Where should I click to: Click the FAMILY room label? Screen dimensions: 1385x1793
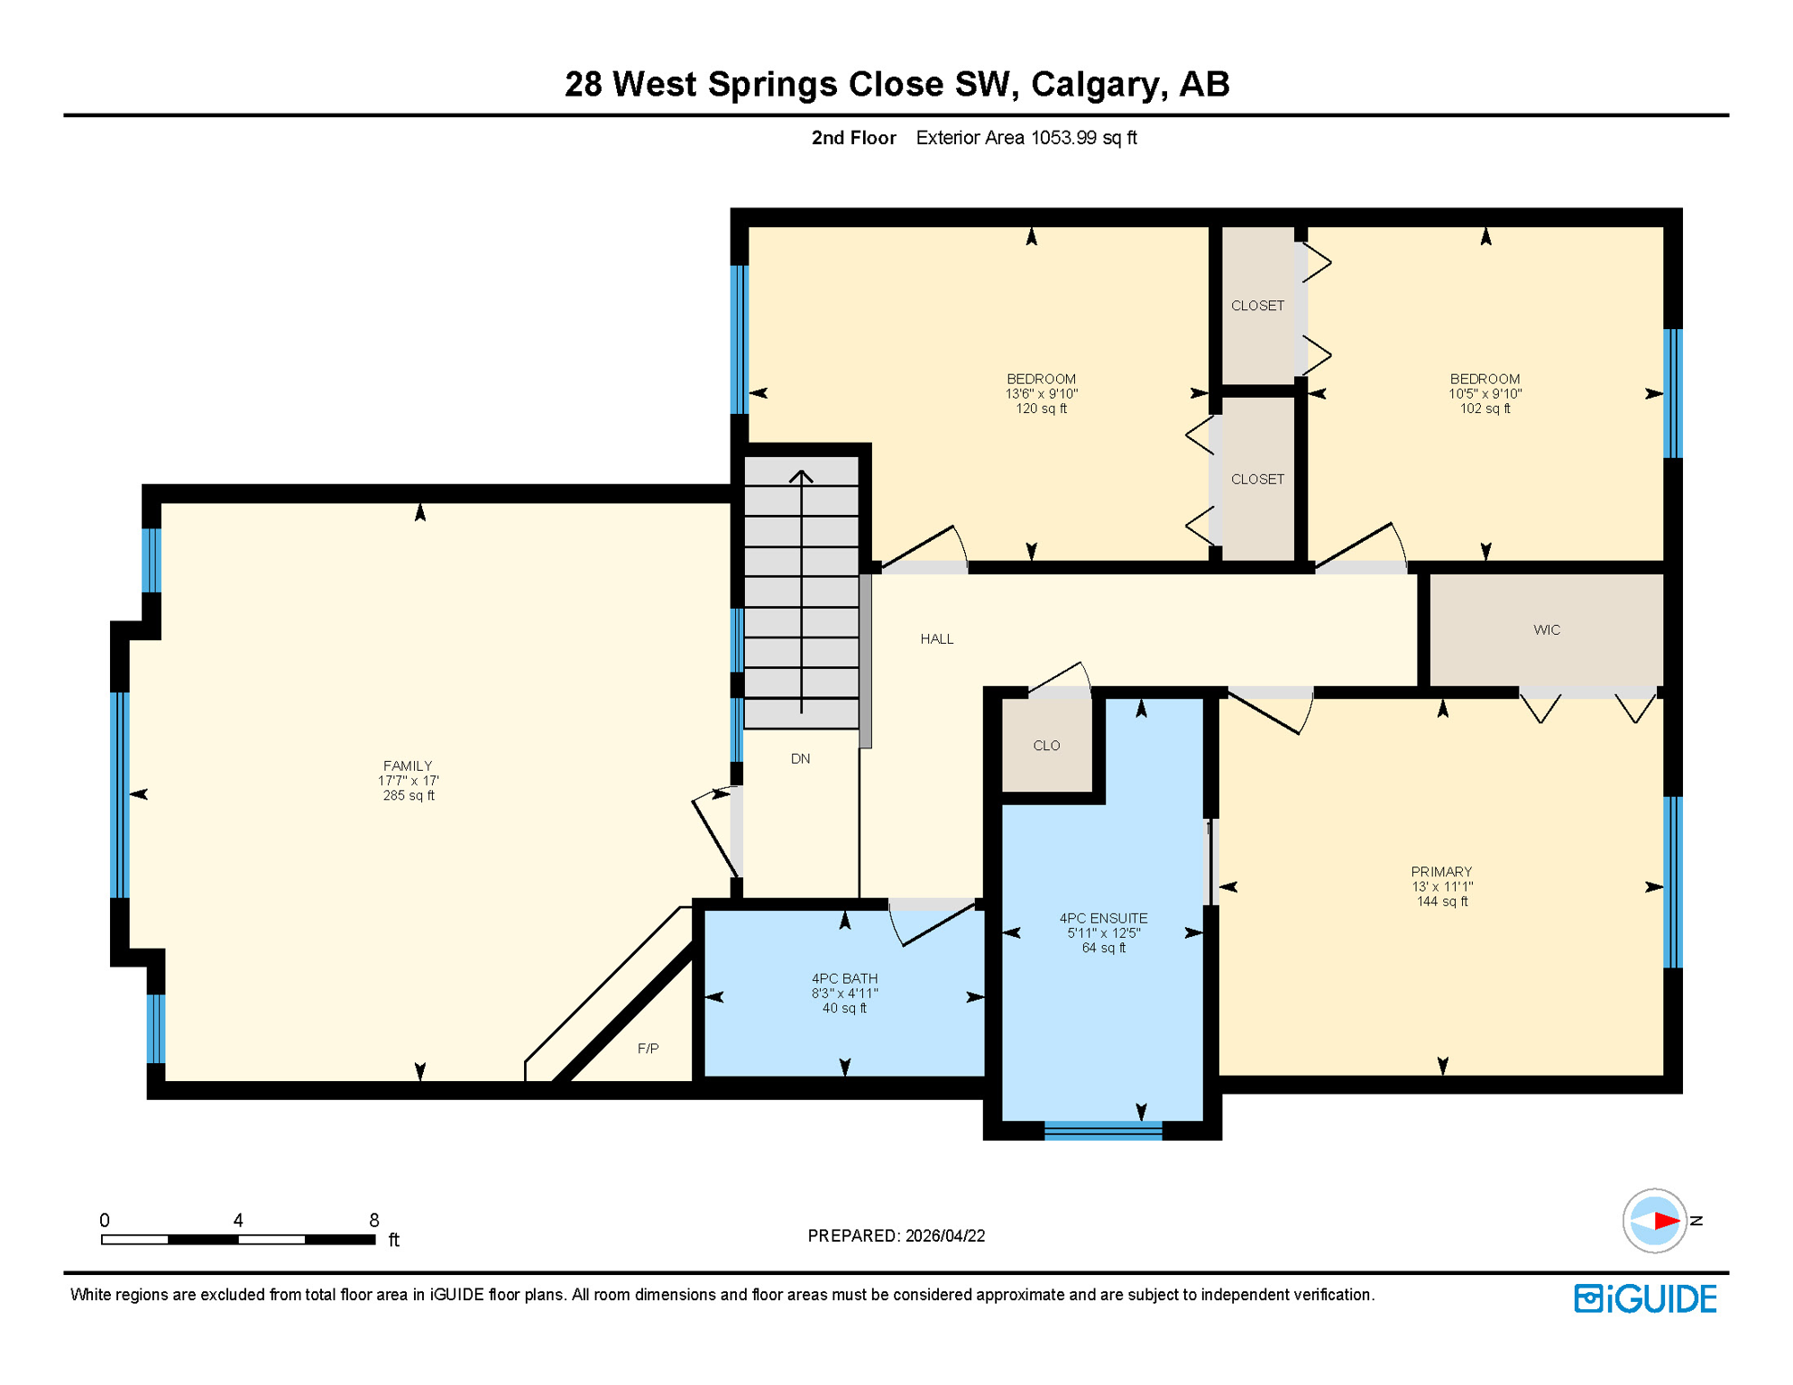pyautogui.click(x=408, y=766)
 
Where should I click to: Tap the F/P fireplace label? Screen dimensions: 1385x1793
pyautogui.click(x=648, y=1048)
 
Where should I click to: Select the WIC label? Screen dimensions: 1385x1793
pyautogui.click(x=1546, y=629)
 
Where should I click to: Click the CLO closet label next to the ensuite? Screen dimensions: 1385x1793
pyautogui.click(x=1046, y=746)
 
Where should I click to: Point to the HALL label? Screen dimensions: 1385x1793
pyautogui.click(x=936, y=638)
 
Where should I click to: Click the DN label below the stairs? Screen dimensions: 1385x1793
pyautogui.click(x=800, y=758)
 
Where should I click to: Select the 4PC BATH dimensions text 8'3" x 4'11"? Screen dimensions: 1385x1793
pyautogui.click(x=844, y=994)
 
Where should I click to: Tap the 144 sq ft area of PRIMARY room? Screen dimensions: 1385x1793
pyautogui.click(x=1441, y=902)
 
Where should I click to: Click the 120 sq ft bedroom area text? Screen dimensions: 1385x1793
pyautogui.click(x=1041, y=408)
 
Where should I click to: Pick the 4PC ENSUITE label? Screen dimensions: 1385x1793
pyautogui.click(x=1103, y=918)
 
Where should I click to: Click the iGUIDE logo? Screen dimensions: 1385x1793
pyautogui.click(x=1645, y=1298)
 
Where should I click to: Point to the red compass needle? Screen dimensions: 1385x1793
pyautogui.click(x=1666, y=1221)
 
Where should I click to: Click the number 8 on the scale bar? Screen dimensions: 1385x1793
pyautogui.click(x=373, y=1220)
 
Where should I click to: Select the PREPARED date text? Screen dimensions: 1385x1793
pyautogui.click(x=896, y=1235)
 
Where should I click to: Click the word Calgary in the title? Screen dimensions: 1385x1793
pyautogui.click(x=1093, y=84)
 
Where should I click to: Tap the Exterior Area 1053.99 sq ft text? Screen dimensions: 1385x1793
pyautogui.click(x=1025, y=138)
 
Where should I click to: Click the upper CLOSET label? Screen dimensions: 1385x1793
pyautogui.click(x=1257, y=306)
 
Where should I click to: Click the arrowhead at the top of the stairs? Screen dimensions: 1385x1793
pyautogui.click(x=801, y=475)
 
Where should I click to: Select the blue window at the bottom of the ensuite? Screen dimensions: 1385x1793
pyautogui.click(x=1103, y=1131)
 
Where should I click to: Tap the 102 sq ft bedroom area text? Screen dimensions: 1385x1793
pyautogui.click(x=1485, y=408)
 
